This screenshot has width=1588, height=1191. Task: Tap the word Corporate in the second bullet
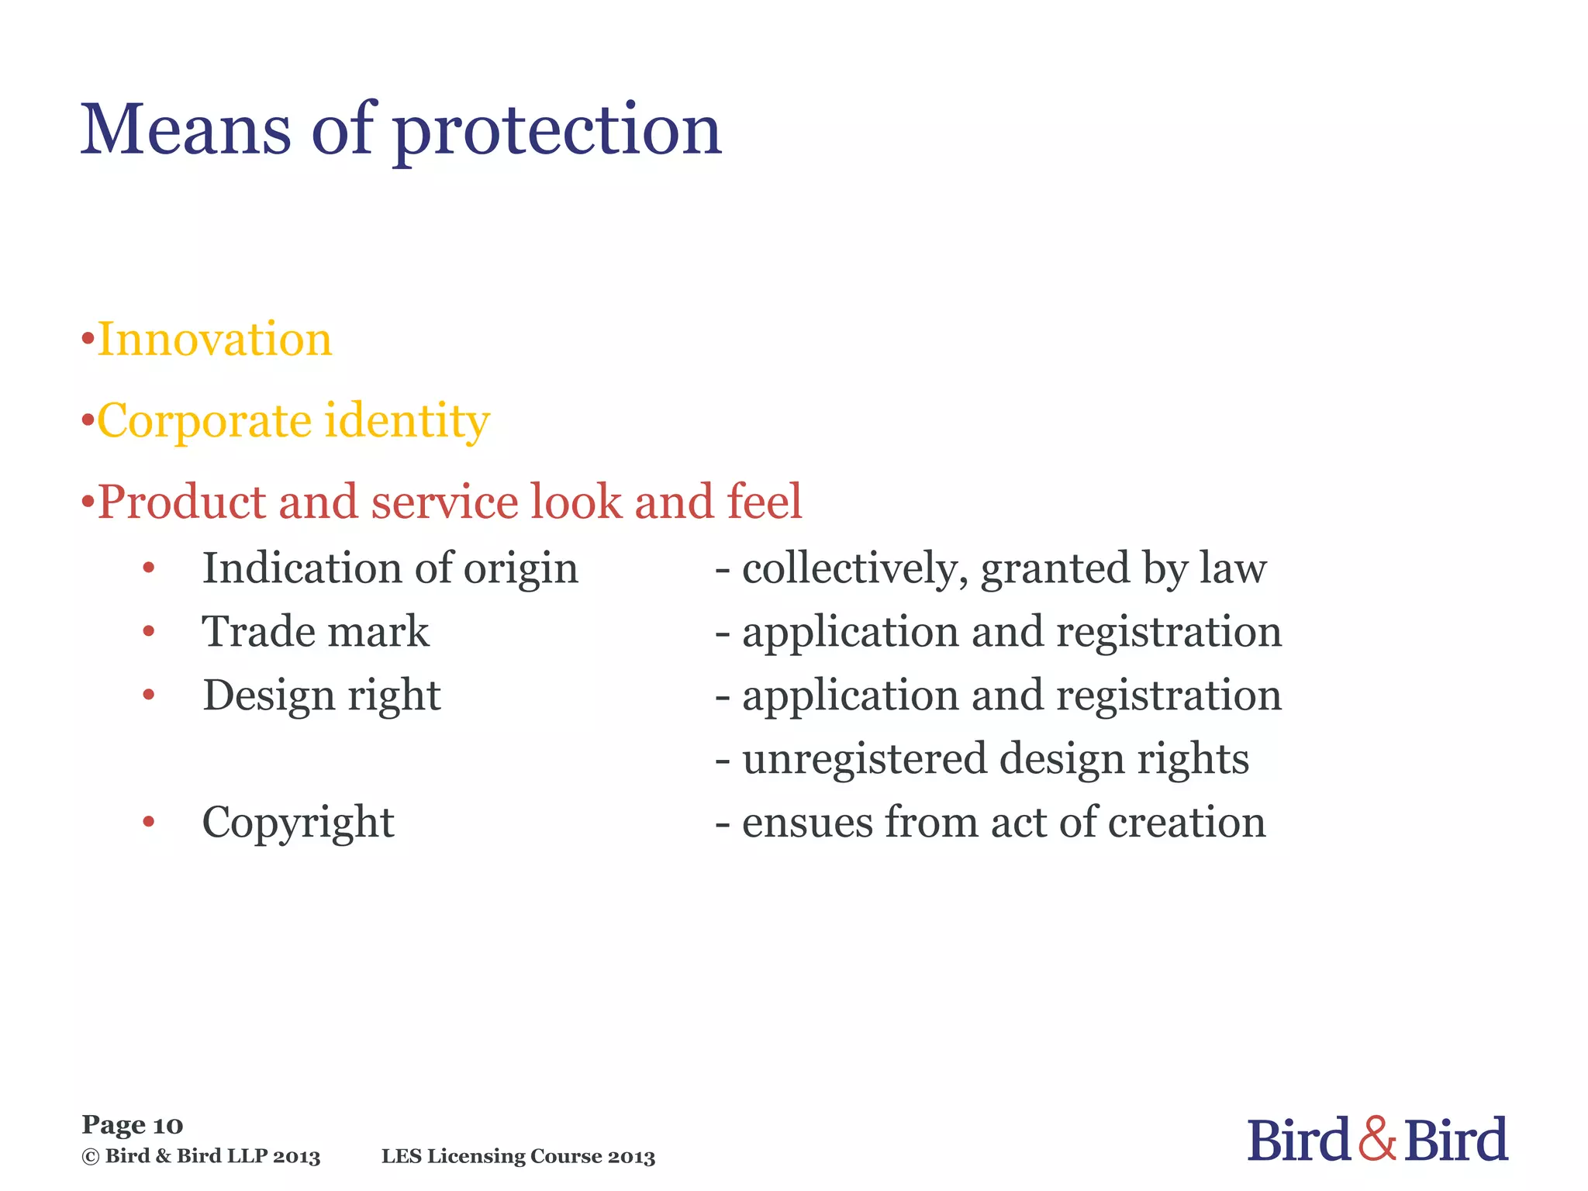click(x=204, y=422)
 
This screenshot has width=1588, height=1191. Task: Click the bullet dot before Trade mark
click(x=149, y=632)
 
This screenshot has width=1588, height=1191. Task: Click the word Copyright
click(x=298, y=823)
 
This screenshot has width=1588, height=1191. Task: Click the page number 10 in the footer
click(x=168, y=1125)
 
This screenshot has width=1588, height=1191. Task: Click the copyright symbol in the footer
click(x=91, y=1157)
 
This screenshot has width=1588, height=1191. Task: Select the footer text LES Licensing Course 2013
click(x=518, y=1157)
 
